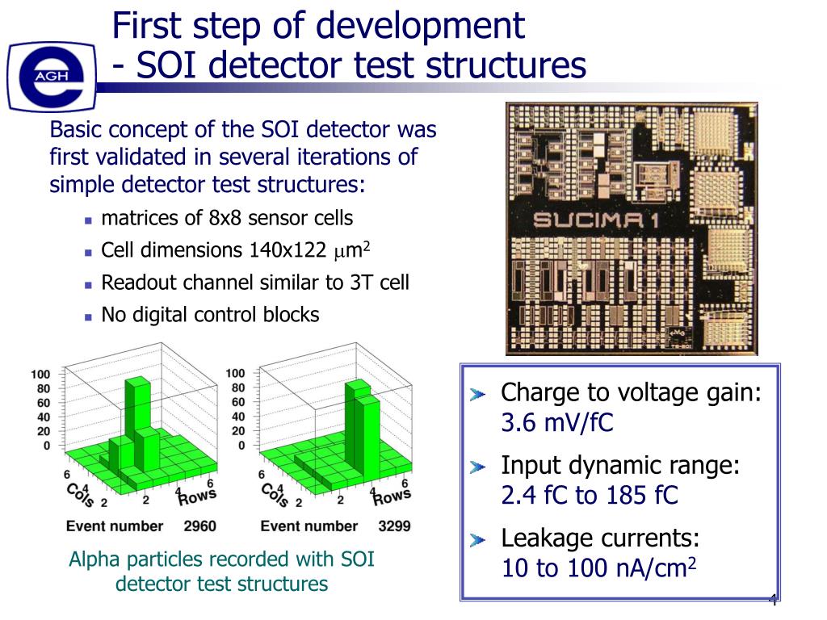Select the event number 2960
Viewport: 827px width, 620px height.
199,526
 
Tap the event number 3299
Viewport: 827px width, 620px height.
394,526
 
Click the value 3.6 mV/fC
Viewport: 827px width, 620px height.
557,422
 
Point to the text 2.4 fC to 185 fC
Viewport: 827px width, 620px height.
590,495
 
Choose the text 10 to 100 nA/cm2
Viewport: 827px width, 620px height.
598,568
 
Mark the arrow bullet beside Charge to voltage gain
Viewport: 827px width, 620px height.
479,395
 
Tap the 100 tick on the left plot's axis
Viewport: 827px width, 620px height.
40,375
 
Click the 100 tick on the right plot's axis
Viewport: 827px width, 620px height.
235,374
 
